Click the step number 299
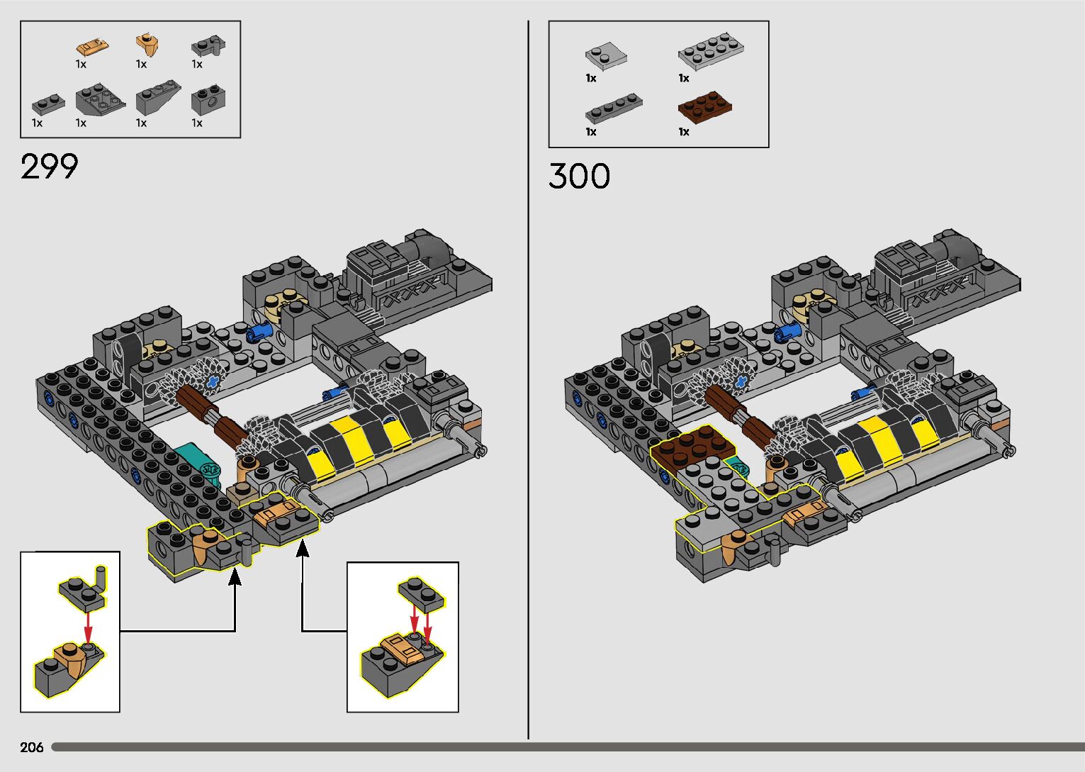click(x=49, y=167)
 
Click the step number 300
click(x=578, y=176)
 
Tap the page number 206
click(x=32, y=747)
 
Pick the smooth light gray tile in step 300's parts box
click(x=606, y=55)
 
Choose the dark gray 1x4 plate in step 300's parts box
click(x=613, y=108)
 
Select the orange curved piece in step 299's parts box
click(x=148, y=45)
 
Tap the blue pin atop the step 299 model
click(x=261, y=330)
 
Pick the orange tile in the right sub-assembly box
click(x=401, y=646)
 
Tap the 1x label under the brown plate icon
click(x=683, y=131)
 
